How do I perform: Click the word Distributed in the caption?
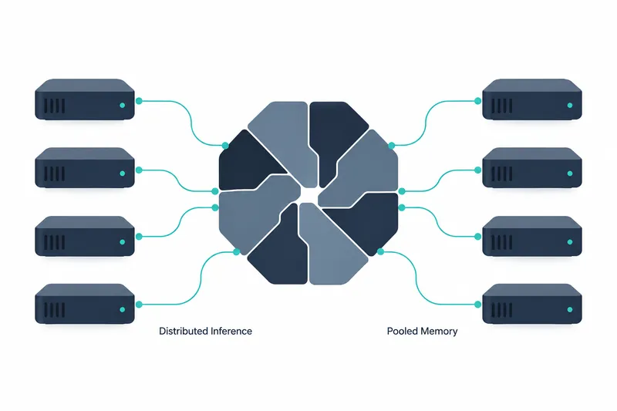coord(184,331)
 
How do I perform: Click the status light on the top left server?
coord(123,106)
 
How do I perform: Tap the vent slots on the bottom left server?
coord(54,310)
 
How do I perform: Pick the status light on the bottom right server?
coord(570,309)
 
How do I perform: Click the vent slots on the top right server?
coord(502,106)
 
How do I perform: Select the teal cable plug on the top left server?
coord(139,101)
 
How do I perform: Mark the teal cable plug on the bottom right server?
coord(477,305)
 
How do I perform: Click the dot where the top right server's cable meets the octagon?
coord(391,146)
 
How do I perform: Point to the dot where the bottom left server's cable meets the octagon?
coord(237,251)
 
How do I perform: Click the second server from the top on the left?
coord(85,167)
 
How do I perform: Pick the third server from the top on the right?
coord(532,236)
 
